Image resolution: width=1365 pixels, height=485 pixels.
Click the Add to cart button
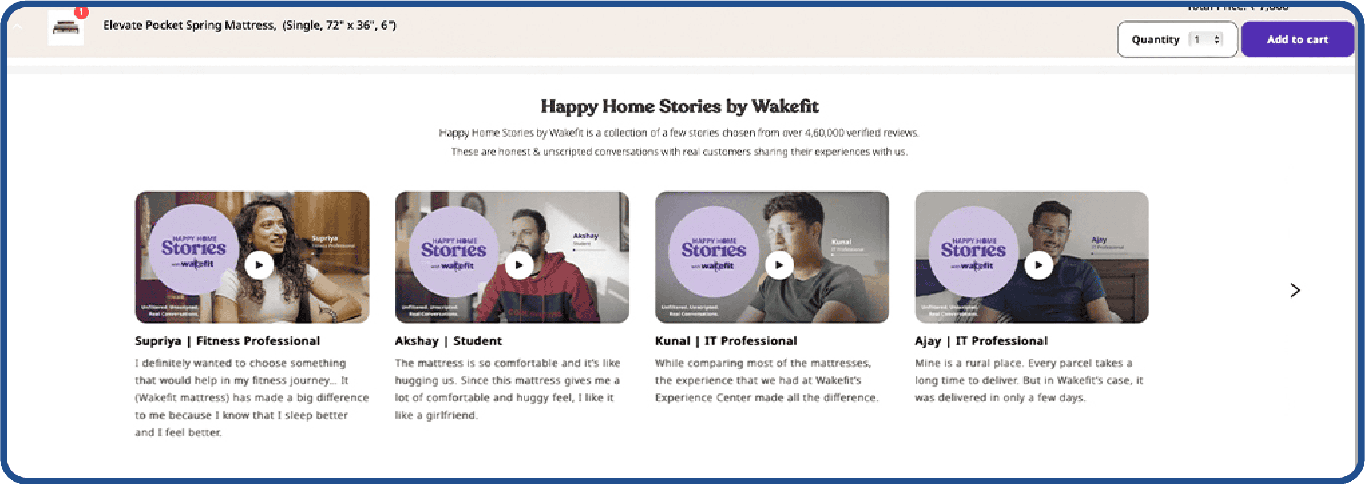point(1297,39)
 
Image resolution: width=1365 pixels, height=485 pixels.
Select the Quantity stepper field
point(1205,39)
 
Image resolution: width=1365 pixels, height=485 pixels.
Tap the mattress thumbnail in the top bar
point(66,27)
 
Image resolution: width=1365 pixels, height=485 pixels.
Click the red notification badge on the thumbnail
point(82,11)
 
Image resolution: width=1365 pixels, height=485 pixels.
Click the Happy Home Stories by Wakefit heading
point(679,106)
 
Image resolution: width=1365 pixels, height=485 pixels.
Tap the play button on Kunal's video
point(779,265)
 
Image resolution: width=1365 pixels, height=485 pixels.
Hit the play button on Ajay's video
point(1038,265)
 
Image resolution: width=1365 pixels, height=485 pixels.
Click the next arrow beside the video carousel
point(1295,290)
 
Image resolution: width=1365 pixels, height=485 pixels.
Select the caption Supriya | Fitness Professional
point(228,341)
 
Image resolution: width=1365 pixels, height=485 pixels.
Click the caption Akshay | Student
point(448,341)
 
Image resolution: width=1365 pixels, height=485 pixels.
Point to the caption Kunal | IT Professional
point(726,341)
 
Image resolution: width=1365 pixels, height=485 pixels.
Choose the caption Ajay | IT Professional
point(981,341)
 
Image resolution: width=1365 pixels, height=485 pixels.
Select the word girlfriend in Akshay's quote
point(451,415)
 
